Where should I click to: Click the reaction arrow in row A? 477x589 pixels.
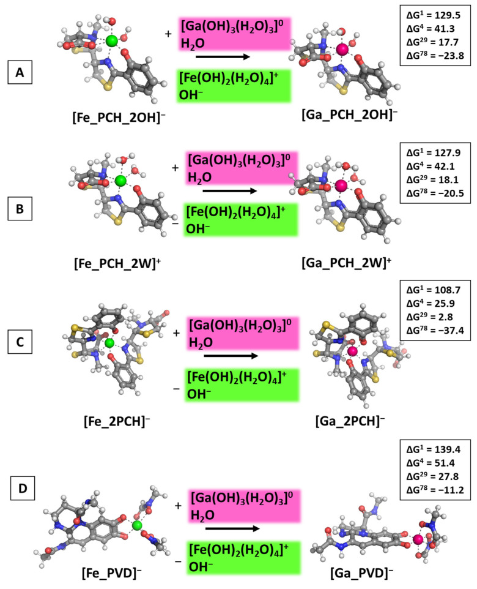(226, 57)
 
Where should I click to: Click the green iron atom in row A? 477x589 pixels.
(111, 41)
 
